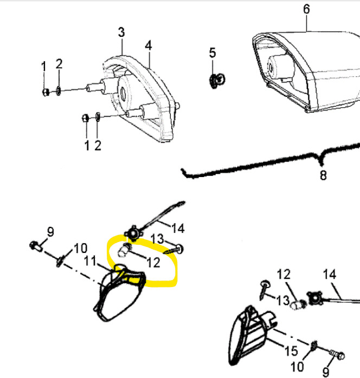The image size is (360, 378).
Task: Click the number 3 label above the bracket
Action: pyautogui.click(x=121, y=32)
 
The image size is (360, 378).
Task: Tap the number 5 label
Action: pyautogui.click(x=213, y=53)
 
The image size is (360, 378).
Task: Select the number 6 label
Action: pyautogui.click(x=307, y=9)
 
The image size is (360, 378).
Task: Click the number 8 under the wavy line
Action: pyautogui.click(x=323, y=175)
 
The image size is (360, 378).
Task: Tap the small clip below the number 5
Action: pyautogui.click(x=216, y=81)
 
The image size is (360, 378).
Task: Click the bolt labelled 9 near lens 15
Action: pyautogui.click(x=338, y=356)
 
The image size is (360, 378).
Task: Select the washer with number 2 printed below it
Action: pyautogui.click(x=97, y=117)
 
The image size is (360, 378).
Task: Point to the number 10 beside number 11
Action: pyautogui.click(x=80, y=249)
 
